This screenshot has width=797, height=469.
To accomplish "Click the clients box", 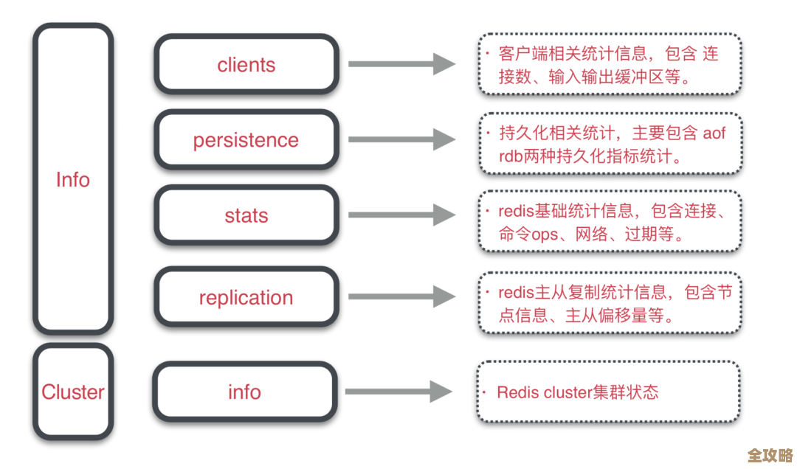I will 246,65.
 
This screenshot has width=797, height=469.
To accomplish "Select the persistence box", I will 246,140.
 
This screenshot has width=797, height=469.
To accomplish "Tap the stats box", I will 246,216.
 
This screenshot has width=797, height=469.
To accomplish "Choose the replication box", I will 246,298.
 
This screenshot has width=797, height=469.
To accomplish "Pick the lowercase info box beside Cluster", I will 244,392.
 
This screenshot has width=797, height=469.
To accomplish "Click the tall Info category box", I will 73,179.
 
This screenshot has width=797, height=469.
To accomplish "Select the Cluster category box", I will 73,392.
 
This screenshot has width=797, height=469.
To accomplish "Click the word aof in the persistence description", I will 713,133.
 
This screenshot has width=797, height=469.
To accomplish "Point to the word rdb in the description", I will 511,157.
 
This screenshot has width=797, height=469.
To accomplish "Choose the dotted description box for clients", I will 609,64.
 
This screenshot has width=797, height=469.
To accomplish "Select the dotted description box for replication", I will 609,302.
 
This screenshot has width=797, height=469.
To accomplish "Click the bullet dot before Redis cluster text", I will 487,392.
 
